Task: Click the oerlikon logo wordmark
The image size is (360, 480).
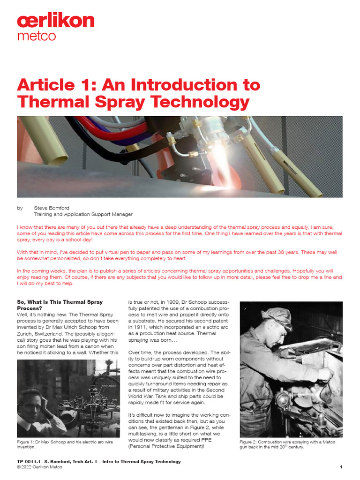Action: pyautogui.click(x=55, y=21)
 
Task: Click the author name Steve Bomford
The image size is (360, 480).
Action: pyautogui.click(x=51, y=207)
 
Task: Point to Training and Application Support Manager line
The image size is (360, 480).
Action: pyautogui.click(x=83, y=214)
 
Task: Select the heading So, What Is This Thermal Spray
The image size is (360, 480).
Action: pyautogui.click(x=60, y=302)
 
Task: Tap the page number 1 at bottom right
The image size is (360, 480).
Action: pyautogui.click(x=341, y=467)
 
